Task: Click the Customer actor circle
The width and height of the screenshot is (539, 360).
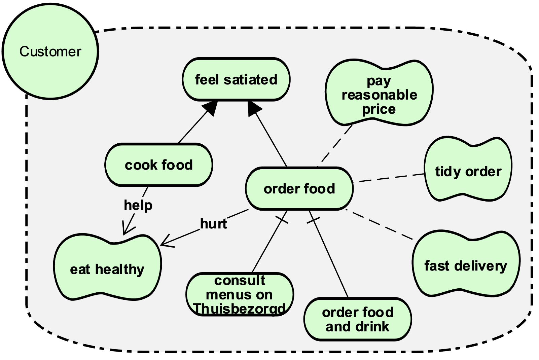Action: (x=50, y=51)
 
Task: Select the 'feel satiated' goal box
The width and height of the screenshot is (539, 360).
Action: (x=236, y=80)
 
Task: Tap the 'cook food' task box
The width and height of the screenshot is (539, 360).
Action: (x=158, y=165)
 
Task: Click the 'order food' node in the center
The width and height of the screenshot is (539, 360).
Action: (x=299, y=189)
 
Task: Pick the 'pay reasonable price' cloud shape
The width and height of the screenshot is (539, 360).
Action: (x=379, y=95)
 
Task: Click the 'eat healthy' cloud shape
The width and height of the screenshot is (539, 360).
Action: (x=107, y=269)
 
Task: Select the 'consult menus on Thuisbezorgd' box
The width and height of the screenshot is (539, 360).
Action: (x=239, y=294)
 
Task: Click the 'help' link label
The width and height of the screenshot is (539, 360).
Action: (x=138, y=205)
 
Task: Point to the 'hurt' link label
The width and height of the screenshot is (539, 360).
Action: (x=213, y=224)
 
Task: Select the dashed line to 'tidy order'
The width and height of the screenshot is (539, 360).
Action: (x=390, y=178)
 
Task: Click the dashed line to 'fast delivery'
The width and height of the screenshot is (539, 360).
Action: (x=380, y=225)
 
